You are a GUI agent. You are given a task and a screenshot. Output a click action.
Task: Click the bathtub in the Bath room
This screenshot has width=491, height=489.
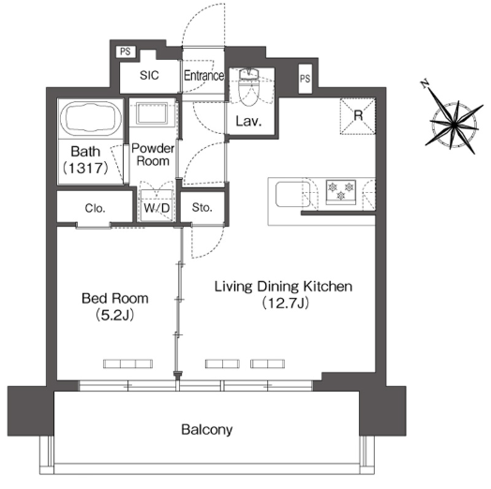91,118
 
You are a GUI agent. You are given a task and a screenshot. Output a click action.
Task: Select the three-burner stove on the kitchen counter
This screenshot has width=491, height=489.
341,191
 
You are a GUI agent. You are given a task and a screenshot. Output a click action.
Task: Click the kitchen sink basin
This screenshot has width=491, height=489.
292,195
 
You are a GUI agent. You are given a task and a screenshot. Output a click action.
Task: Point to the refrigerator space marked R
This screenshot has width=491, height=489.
358,116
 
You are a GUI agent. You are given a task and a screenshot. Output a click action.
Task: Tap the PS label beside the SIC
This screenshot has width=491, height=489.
126,52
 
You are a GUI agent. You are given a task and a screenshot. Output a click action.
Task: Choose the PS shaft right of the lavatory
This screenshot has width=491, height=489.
305,79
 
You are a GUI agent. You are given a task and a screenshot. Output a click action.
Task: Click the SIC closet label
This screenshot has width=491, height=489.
149,75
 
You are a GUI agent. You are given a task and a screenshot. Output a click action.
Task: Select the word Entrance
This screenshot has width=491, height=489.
203,76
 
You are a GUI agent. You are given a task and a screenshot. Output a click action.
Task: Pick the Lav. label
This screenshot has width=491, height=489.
248,121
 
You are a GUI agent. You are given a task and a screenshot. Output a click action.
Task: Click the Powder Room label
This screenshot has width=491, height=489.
153,155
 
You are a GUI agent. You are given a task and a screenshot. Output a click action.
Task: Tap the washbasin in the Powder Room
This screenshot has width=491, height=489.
153,113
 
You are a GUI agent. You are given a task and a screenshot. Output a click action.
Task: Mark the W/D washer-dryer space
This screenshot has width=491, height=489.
156,205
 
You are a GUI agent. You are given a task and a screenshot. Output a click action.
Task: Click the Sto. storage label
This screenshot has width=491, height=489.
202,207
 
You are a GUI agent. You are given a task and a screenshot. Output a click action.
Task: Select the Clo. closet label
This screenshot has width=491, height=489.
95,208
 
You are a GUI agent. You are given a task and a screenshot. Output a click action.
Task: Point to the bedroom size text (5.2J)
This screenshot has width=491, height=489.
115,315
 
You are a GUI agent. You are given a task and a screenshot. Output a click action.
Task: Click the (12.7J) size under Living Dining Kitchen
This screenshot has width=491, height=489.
286,303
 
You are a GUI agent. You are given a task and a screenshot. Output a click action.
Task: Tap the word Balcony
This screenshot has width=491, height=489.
207,430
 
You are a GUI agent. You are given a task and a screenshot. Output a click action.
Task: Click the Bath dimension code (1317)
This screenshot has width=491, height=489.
85,169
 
